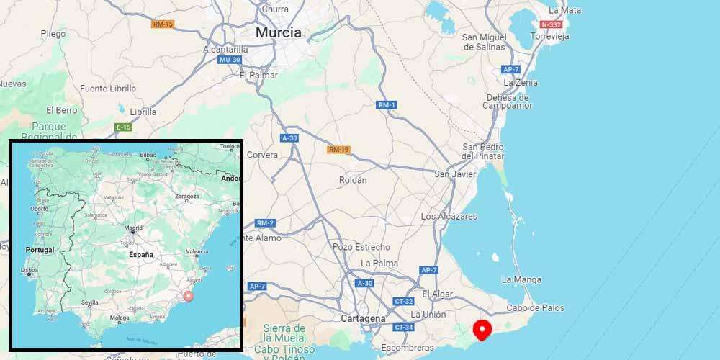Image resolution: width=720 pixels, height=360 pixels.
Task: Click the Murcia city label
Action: coord(279,32)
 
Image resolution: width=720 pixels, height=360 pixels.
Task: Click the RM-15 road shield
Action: coord(163,24)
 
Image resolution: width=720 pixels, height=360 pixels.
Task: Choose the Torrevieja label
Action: coord(549,36)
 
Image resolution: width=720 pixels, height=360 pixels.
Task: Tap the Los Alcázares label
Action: coord(449,216)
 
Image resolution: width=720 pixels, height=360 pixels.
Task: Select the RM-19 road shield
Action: coord(338,150)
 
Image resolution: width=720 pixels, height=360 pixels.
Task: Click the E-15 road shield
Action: coord(123,127)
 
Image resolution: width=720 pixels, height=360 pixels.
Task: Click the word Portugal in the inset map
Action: coord(40,249)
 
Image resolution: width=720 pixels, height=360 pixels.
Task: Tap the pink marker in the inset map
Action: coord(189,295)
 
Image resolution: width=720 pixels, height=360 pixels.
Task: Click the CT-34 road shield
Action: coord(402,328)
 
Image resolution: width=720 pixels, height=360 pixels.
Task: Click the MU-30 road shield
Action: coord(228,60)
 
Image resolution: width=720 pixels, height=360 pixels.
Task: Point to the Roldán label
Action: coord(352,180)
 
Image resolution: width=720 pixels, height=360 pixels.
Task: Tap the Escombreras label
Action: coord(408,348)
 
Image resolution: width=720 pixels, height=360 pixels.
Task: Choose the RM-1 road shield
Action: coord(387,105)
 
